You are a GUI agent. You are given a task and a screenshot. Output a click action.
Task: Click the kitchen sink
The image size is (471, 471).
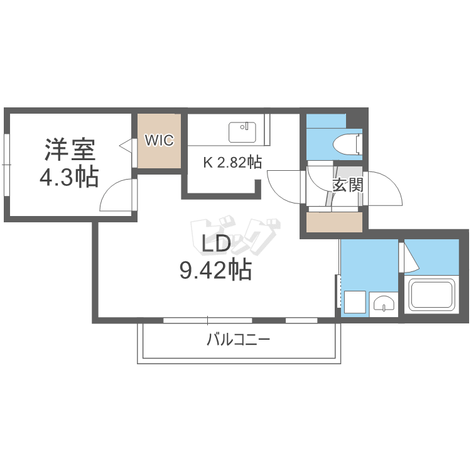click(242, 133)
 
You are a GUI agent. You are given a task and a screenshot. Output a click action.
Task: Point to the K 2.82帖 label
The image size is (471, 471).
click(232, 163)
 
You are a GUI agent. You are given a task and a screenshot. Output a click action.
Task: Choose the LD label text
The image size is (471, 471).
click(216, 244)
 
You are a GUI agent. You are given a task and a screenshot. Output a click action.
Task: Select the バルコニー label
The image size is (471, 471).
click(239, 341)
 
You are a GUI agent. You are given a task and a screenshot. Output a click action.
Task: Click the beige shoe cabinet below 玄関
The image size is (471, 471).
click(334, 222)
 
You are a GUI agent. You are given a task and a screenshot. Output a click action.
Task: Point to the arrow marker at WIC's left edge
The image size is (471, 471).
click(125, 146)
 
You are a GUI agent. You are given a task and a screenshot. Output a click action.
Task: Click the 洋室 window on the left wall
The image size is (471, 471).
click(6, 165)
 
